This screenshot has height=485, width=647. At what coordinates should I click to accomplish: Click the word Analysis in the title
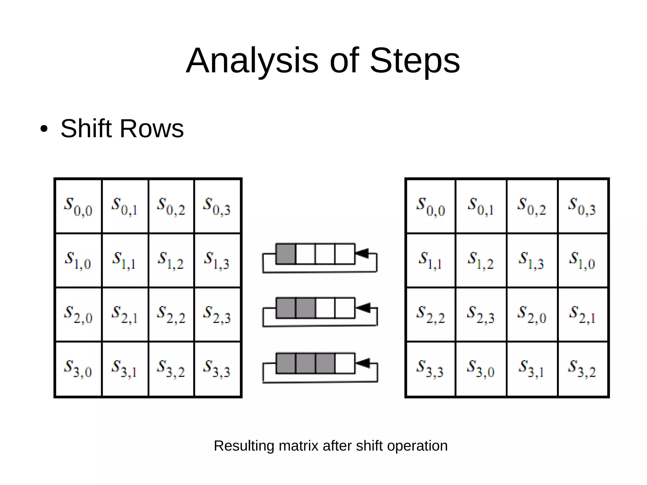(252, 61)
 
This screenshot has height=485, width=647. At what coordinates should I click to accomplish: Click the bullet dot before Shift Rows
(44, 129)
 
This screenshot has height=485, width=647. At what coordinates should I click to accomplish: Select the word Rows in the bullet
(152, 129)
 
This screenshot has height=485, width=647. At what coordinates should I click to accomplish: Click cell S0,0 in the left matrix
(78, 206)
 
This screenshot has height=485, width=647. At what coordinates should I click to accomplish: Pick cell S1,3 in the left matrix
(217, 260)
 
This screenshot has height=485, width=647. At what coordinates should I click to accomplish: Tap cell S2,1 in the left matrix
(125, 314)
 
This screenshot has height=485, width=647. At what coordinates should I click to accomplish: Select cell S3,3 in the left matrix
(217, 369)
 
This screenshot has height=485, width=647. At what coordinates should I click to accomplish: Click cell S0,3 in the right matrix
(583, 206)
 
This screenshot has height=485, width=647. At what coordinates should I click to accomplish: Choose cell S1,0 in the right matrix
(583, 260)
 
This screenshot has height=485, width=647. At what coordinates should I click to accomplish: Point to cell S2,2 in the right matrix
(431, 314)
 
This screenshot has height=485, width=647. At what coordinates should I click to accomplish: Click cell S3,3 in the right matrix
(431, 369)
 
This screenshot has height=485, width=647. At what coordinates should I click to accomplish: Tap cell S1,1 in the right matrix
(431, 260)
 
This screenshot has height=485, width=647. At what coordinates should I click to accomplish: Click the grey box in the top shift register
(286, 254)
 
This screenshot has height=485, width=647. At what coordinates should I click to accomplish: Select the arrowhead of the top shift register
(362, 253)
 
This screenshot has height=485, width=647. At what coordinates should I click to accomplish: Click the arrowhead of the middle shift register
(362, 307)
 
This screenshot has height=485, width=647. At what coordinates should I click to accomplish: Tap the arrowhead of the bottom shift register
(362, 363)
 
